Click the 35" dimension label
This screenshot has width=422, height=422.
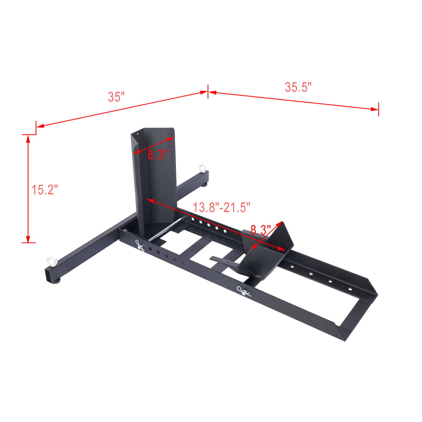(116, 97)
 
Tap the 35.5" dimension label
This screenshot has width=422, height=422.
(298, 87)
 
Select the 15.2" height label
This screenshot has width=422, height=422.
(44, 190)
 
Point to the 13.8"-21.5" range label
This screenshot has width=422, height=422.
(221, 208)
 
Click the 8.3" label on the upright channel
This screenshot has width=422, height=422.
(157, 154)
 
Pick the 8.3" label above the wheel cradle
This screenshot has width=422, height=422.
(260, 230)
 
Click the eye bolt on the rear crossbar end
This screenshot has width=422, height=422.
(203, 168)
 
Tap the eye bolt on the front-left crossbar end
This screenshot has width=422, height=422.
(52, 260)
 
